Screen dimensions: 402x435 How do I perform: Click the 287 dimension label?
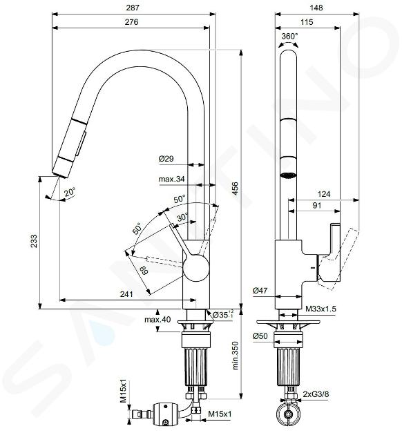point(133,8)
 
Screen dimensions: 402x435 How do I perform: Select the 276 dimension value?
point(131,22)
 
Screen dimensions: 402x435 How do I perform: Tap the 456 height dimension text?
point(235,188)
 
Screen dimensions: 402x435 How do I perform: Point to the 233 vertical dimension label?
point(34,241)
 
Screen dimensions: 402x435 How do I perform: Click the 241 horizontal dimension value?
point(126,294)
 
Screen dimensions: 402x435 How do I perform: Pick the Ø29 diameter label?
point(166,159)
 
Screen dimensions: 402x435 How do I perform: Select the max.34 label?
point(171,179)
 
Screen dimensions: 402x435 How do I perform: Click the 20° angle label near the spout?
point(70,192)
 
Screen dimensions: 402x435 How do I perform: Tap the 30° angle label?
point(182,217)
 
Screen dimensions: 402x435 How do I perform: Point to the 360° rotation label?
point(289,36)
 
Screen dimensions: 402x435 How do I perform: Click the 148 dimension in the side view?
point(316,8)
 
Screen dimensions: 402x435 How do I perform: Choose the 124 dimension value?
point(324,194)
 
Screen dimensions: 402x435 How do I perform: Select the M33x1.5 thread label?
point(320,309)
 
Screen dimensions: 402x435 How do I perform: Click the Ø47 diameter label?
point(260,291)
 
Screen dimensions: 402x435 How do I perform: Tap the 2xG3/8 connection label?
point(316,394)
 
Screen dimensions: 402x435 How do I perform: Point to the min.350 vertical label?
point(236,356)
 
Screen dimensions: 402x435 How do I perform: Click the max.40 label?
point(157,319)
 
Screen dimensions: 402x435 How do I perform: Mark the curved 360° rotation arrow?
point(289,43)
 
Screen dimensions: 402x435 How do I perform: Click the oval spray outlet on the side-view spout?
point(288,175)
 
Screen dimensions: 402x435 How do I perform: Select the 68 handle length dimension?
point(144,270)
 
